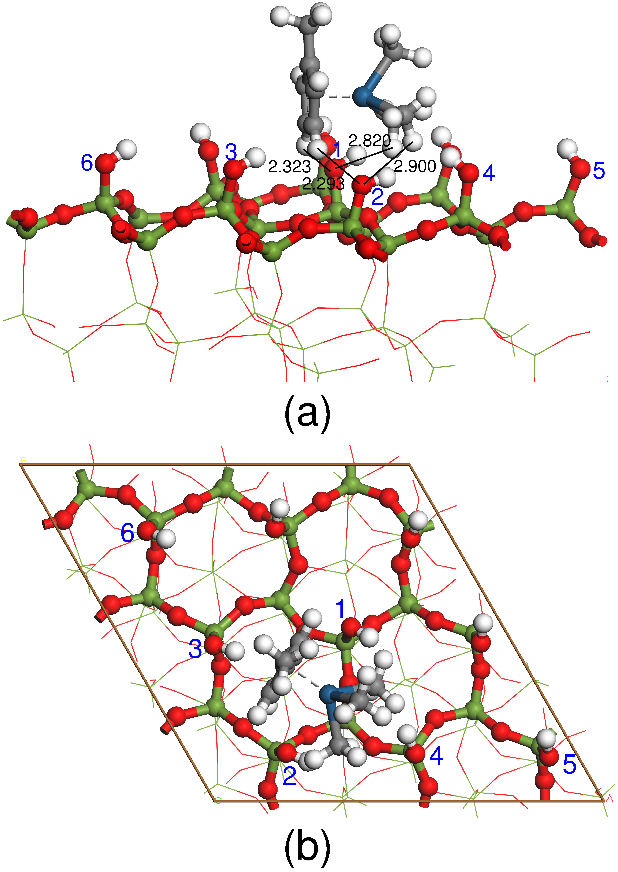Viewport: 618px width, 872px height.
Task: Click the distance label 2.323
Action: pos(289,167)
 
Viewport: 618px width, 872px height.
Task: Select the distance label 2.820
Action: pos(369,141)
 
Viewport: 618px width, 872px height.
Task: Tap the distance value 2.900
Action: pos(415,166)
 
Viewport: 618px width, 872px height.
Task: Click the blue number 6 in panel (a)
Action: pos(87,163)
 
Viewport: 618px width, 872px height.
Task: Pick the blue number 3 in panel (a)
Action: pos(231,153)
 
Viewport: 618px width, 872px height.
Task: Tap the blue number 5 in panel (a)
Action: pos(599,170)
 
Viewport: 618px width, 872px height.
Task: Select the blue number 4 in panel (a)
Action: pos(489,173)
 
